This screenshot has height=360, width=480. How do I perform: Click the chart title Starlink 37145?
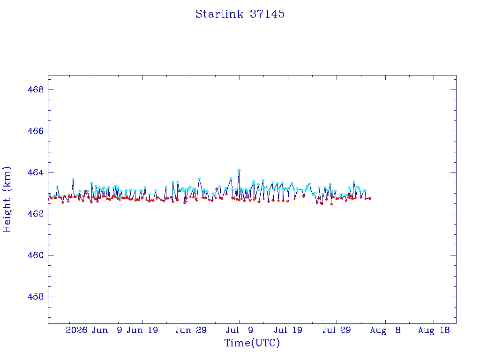click(240, 14)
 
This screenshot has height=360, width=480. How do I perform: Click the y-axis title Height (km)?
click(7, 199)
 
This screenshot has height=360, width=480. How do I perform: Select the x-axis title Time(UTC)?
click(252, 343)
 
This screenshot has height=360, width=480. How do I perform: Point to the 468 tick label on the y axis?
click(36, 90)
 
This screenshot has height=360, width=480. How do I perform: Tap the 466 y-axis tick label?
click(36, 131)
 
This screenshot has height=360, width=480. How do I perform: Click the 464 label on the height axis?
click(36, 172)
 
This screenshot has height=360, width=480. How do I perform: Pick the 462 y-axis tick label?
click(36, 214)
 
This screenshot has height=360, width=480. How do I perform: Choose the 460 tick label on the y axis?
click(36, 255)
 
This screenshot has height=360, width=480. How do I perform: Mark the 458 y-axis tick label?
click(36, 297)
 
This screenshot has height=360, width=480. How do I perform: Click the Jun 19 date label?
click(142, 330)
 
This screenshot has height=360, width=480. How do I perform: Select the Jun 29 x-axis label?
click(191, 330)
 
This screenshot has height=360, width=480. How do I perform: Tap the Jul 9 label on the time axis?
click(240, 330)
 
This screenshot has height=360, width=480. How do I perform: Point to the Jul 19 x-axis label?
click(288, 330)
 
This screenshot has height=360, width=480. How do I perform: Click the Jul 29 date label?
click(337, 330)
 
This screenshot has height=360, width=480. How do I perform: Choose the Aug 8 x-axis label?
click(385, 330)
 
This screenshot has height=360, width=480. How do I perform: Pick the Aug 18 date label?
click(434, 330)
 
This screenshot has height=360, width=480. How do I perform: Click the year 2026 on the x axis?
click(76, 330)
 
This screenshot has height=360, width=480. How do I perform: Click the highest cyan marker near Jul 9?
click(239, 170)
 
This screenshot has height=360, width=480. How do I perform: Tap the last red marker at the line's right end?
click(370, 198)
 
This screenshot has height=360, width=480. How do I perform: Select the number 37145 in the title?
click(267, 14)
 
